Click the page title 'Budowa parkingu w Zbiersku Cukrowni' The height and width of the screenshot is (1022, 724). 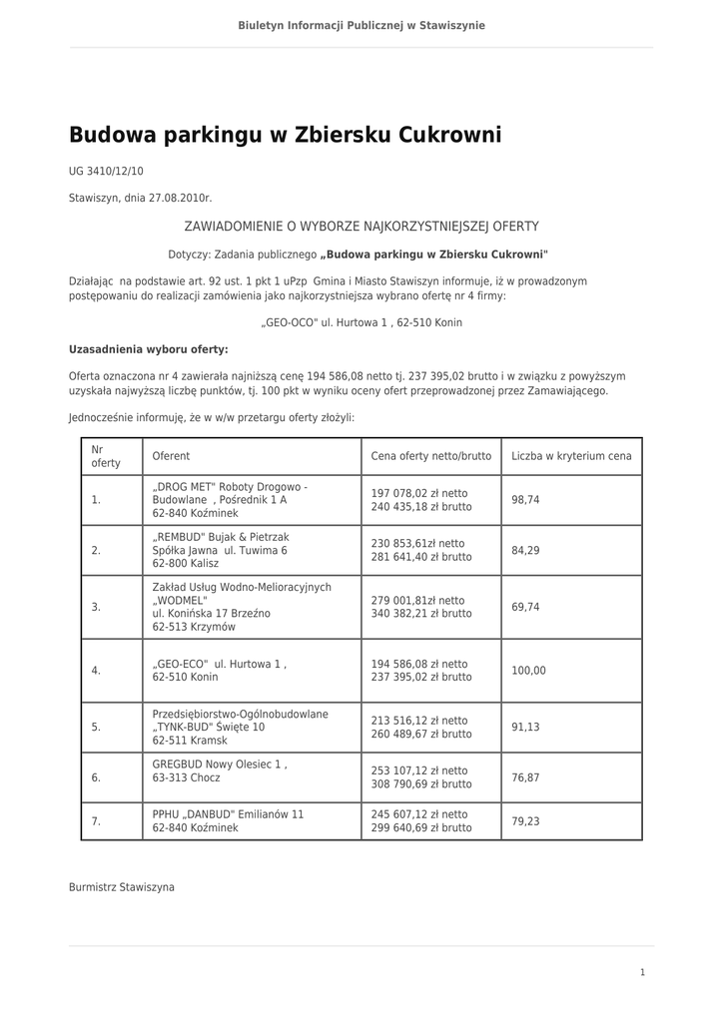point(285,136)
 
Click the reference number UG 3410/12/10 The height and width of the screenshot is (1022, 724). point(106,172)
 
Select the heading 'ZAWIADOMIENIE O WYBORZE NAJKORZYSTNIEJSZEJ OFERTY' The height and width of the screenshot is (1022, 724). point(362,228)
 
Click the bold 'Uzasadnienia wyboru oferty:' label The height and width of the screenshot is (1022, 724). point(148,349)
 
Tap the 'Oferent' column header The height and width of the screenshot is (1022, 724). point(171,456)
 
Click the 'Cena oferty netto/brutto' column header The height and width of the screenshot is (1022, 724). point(430,456)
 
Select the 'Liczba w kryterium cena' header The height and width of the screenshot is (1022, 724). point(571,456)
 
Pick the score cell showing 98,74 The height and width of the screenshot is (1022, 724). point(525,500)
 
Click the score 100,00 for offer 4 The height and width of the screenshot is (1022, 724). point(528,671)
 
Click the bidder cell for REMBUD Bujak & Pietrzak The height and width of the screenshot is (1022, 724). point(221,550)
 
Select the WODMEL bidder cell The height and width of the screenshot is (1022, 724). point(241,607)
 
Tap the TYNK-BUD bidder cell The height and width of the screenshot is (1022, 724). point(240,728)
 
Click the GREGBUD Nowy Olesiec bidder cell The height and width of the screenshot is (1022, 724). point(220,770)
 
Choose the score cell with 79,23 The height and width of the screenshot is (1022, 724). point(525,821)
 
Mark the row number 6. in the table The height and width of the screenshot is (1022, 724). point(96,777)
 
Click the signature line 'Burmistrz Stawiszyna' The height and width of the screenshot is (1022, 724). point(121,887)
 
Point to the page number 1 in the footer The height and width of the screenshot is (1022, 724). point(642,972)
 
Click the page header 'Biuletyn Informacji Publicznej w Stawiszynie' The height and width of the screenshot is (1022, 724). point(362,25)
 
